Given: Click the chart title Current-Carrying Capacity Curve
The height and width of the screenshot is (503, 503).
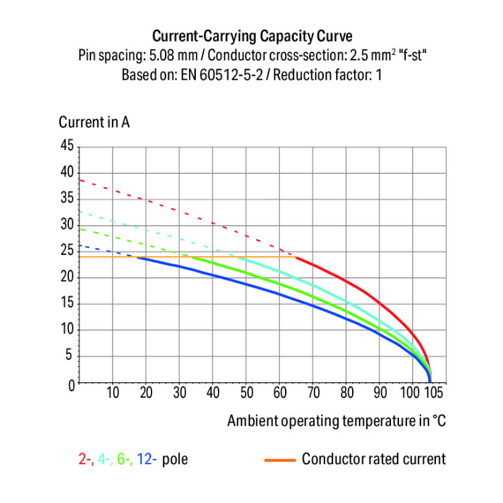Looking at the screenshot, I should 252,36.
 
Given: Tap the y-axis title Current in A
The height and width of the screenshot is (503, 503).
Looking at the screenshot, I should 94,123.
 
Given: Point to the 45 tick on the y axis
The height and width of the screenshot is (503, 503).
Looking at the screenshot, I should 66,146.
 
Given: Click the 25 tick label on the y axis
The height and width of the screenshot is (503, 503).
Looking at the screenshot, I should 66,251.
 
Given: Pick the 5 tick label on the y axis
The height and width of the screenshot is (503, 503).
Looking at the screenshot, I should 69,357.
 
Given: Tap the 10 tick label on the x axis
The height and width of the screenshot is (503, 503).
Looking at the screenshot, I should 113,393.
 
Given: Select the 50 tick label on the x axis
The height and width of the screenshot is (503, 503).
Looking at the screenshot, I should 246,393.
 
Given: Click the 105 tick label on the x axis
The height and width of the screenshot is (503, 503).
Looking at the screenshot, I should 435,393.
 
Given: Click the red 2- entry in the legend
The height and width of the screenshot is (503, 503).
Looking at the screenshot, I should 85,459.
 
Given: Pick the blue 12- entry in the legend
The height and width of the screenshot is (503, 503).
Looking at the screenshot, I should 147,459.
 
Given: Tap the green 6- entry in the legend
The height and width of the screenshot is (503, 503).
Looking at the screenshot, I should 125,459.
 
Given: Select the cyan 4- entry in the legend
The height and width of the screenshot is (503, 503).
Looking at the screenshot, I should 105,459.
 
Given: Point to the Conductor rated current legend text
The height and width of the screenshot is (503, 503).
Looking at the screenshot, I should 373,459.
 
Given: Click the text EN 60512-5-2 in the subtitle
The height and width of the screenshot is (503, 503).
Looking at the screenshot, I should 217,74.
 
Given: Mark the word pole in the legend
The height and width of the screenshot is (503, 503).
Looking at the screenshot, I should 175,459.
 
